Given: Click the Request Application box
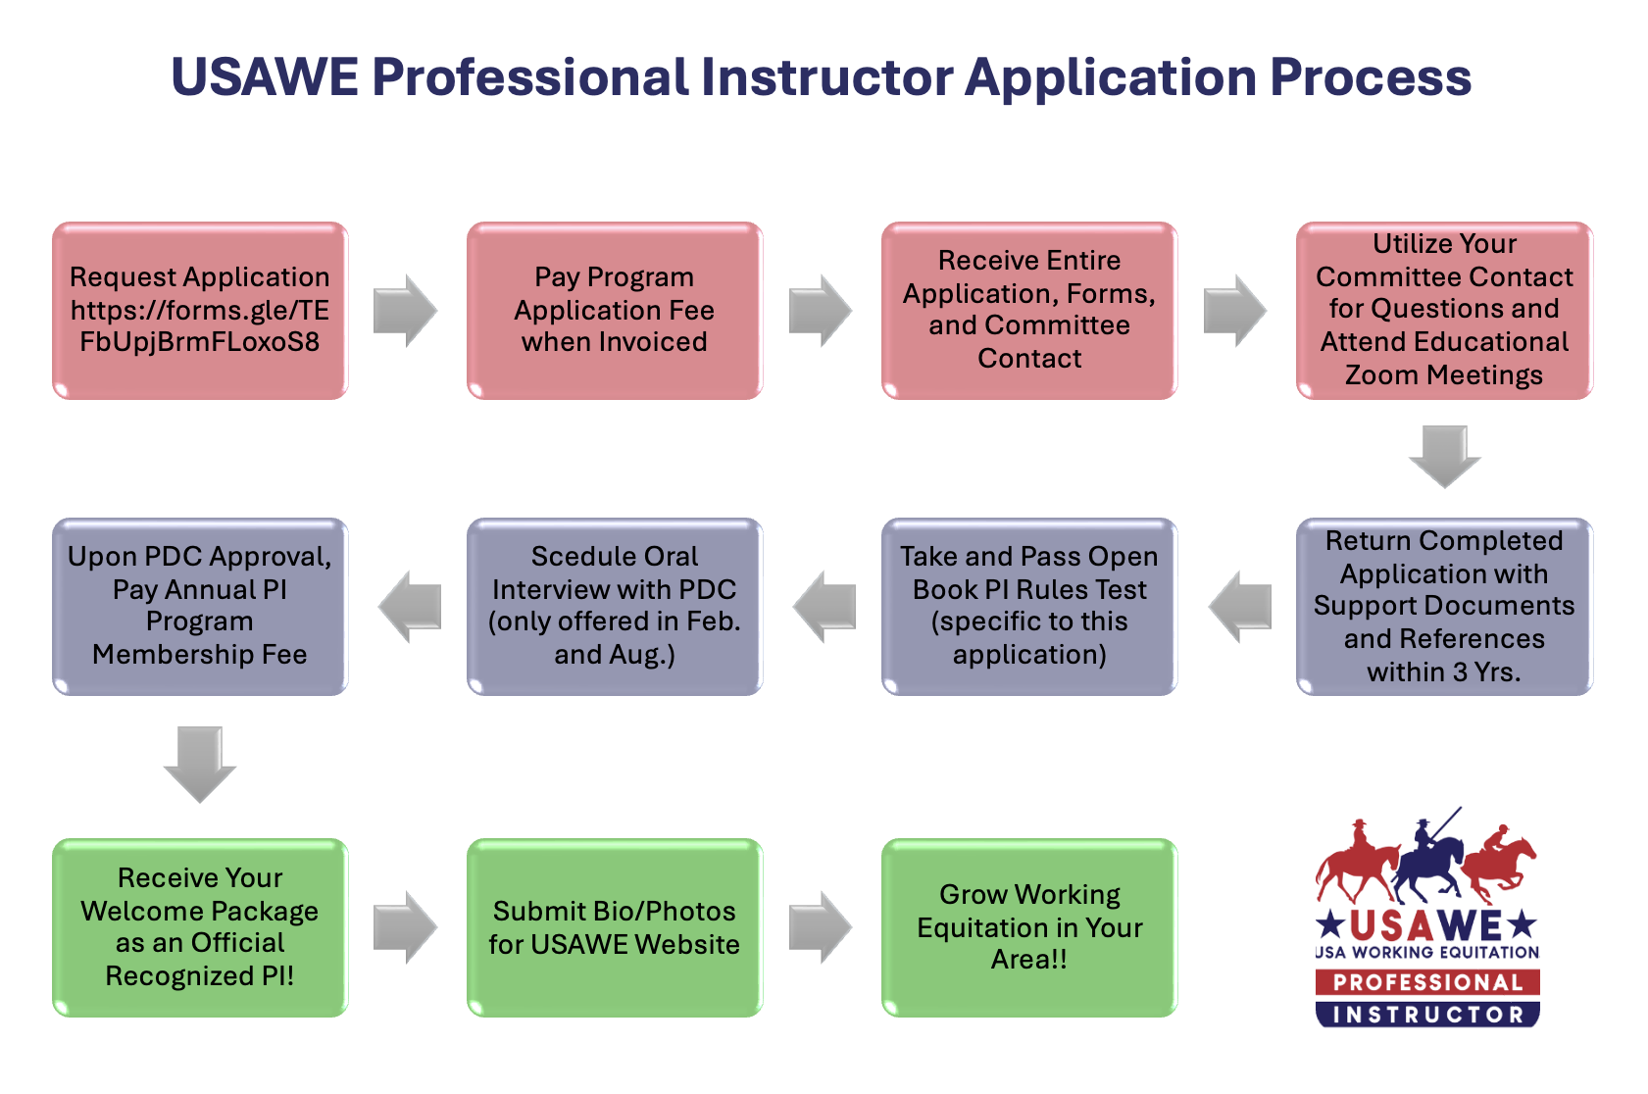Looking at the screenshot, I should (x=200, y=310).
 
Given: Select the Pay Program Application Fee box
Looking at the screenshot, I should (x=615, y=310).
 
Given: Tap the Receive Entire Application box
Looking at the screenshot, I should (x=1029, y=310).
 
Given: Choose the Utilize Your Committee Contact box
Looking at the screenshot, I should (x=1444, y=310).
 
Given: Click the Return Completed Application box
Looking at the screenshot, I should (x=1444, y=607).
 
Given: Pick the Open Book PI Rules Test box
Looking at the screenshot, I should (x=1029, y=607).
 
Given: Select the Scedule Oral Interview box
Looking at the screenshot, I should (x=615, y=607).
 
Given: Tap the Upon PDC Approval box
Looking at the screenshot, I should (x=200, y=607).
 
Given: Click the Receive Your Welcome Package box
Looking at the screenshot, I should (x=200, y=927).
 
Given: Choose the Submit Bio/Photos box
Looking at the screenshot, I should (x=615, y=927).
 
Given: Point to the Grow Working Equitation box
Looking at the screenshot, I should (x=1029, y=927).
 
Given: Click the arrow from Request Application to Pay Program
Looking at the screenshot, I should (x=405, y=311).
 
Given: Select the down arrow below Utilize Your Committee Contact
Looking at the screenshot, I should (x=1444, y=456).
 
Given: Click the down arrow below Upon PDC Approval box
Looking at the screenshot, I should (x=200, y=764).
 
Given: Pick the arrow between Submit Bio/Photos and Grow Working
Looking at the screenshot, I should (x=821, y=927).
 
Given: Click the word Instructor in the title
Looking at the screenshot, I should (x=826, y=77).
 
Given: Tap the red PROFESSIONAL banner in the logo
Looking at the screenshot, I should (x=1427, y=982).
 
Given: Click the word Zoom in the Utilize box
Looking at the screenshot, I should (x=1381, y=375).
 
